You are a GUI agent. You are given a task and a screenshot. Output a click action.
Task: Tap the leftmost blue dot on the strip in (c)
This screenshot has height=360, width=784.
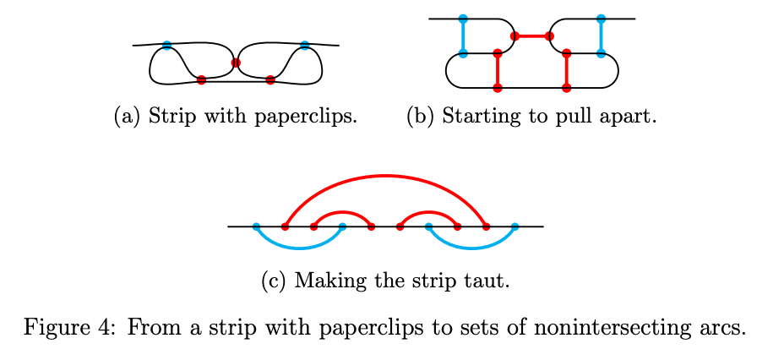tap(256, 226)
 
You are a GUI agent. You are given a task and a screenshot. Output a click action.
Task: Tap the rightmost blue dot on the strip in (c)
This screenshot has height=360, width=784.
tap(514, 226)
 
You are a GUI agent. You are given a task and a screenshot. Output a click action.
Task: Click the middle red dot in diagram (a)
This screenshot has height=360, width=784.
tap(236, 63)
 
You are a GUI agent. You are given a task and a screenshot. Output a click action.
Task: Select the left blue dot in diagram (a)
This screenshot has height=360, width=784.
tap(166, 45)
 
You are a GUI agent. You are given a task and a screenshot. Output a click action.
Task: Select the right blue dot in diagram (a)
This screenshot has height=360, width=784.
tap(304, 45)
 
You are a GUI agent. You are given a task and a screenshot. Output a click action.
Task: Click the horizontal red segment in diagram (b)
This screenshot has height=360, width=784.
tap(532, 36)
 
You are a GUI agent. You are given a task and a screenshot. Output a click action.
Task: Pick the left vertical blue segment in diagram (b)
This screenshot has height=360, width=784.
tap(463, 36)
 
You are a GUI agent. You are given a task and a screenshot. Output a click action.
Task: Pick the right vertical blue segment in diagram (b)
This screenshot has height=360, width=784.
tap(601, 36)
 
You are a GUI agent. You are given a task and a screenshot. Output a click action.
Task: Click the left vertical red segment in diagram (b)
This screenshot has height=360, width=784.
tap(498, 71)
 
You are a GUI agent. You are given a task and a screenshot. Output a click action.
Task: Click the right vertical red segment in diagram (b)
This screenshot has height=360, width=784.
tap(567, 71)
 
